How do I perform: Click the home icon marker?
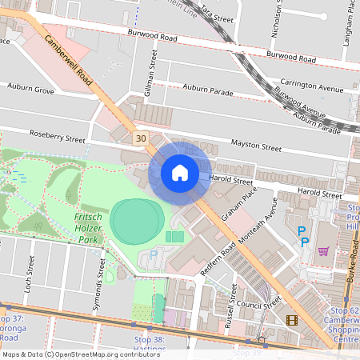point(180,173)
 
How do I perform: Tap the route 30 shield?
point(141,138)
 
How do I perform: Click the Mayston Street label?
point(256,146)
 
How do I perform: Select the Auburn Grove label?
point(30,87)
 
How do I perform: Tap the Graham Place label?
point(239,205)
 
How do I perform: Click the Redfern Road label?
point(217,259)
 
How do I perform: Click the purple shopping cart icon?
point(324,250)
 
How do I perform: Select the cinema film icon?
point(291,321)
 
